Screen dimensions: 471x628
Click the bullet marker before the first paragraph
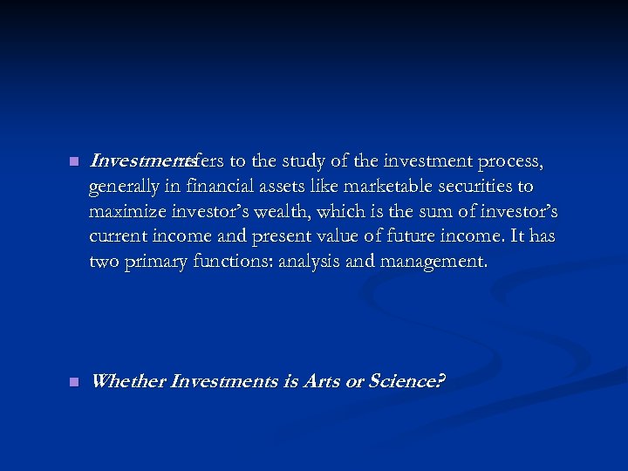coord(73,161)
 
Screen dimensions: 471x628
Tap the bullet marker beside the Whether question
coord(73,382)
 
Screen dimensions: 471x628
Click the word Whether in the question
coord(128,382)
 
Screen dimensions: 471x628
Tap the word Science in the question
coord(405,382)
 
